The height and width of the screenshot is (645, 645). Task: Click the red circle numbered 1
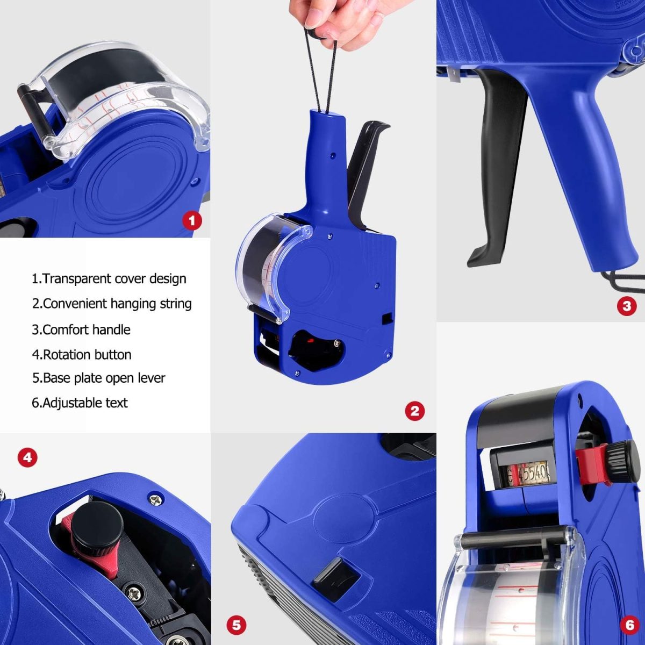click(x=192, y=220)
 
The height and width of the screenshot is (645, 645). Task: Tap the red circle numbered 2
click(x=415, y=411)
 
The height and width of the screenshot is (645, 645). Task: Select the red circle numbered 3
click(x=627, y=306)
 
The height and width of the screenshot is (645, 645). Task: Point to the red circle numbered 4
click(x=28, y=456)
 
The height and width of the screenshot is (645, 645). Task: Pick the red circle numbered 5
click(x=236, y=625)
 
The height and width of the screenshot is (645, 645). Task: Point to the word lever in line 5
click(x=153, y=378)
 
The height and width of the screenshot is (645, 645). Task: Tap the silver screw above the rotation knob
click(x=155, y=500)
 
